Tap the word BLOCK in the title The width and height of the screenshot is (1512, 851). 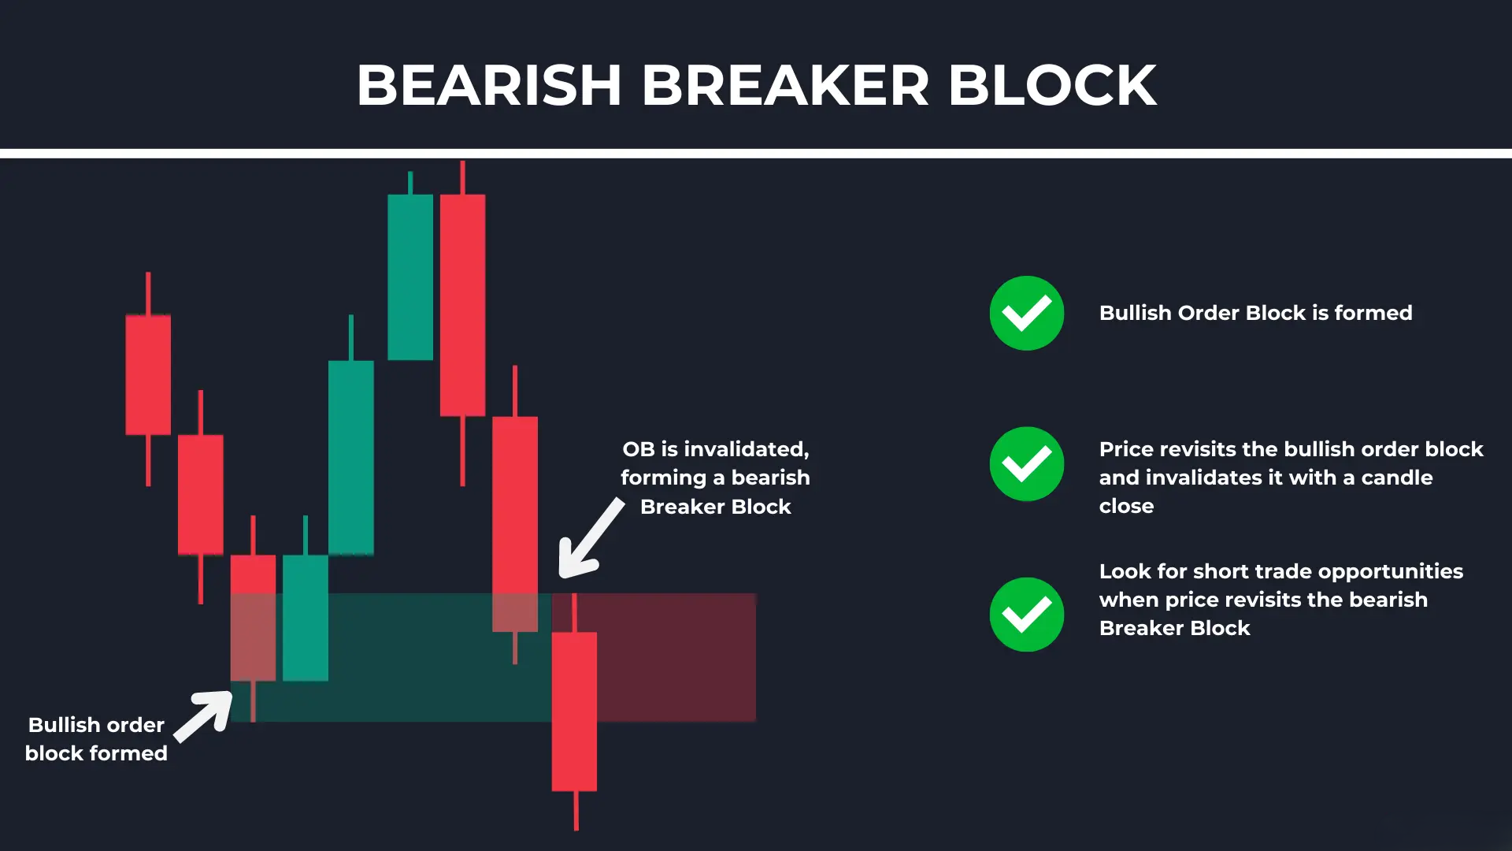click(x=1052, y=85)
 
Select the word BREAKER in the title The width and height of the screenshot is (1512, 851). click(x=785, y=85)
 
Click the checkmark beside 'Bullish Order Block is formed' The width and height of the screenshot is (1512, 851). click(x=1026, y=313)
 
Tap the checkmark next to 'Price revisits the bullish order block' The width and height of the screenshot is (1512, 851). click(x=1026, y=464)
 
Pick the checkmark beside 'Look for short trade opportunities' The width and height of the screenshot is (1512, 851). click(x=1026, y=615)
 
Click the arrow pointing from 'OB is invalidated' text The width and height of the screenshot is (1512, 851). click(x=589, y=538)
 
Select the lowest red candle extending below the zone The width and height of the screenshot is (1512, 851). click(x=574, y=711)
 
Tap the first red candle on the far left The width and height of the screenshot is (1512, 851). click(x=148, y=374)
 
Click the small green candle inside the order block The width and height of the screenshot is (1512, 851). click(x=306, y=618)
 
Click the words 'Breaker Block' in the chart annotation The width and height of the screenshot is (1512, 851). click(x=715, y=507)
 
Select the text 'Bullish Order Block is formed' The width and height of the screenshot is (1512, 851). click(x=1255, y=313)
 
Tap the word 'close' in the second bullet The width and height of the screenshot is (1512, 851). click(x=1126, y=506)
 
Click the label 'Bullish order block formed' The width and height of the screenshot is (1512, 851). click(x=96, y=739)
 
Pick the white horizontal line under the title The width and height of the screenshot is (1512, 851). click(x=756, y=154)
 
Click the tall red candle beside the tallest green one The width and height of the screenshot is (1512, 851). click(x=462, y=305)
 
